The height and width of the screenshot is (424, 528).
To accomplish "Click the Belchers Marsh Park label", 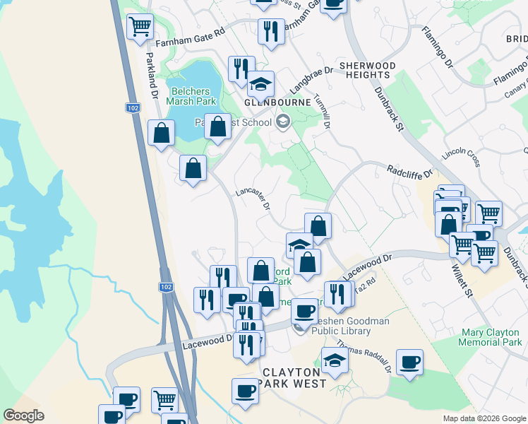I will [194, 96].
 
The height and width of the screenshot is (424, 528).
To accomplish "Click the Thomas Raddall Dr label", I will [364, 356].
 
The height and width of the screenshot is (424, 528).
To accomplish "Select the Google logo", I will [24, 416].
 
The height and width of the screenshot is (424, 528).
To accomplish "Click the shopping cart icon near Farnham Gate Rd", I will [140, 27].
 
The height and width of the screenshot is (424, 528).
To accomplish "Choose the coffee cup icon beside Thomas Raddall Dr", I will [409, 363].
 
